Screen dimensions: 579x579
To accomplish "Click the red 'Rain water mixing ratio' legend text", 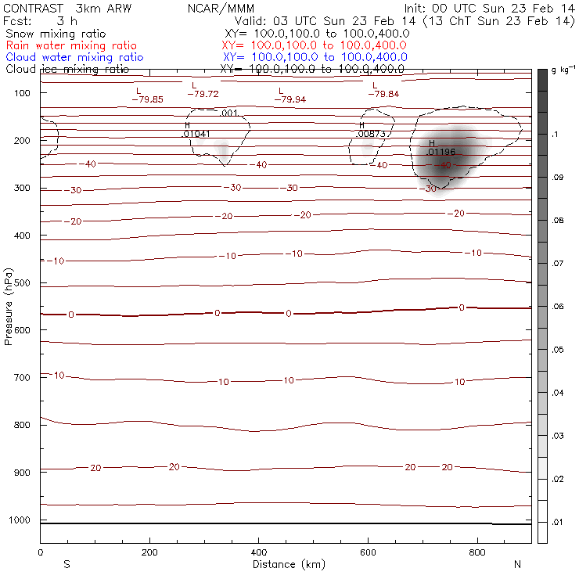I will pos(70,46).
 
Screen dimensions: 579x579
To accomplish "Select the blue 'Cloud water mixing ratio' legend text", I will pos(74,58).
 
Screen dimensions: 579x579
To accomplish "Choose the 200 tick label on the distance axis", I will pos(149,552).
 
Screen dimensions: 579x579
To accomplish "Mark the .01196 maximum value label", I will pos(441,152).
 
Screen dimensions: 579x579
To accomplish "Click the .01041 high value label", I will pos(196,134).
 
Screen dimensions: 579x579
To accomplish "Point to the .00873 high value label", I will pos(370,134).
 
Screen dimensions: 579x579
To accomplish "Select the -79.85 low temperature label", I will pos(147,99).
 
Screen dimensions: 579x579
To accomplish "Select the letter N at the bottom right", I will pos(517,564).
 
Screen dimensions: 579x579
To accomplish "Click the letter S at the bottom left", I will pos(67,564).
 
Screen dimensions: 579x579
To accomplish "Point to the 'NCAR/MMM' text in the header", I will pos(221,9).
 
